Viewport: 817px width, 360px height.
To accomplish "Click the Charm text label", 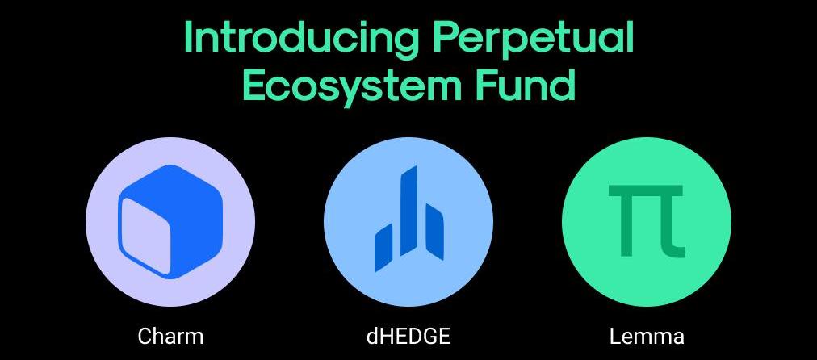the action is point(170,336).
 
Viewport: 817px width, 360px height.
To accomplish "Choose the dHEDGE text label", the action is point(408,336).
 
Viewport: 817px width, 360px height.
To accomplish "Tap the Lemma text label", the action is point(647,336).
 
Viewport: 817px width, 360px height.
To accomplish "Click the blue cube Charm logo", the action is point(170,221).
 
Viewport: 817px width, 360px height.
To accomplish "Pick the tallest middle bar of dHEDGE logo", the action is point(409,211).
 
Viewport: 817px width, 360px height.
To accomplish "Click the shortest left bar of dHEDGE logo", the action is point(383,248).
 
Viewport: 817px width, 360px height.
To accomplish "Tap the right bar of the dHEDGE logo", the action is point(435,232).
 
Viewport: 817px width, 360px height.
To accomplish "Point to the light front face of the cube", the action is point(148,236).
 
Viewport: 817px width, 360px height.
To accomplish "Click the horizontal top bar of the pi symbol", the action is point(646,190).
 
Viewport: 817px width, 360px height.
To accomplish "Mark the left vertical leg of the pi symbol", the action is point(626,227).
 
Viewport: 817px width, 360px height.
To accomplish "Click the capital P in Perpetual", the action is point(446,37).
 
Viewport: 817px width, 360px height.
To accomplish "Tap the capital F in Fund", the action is point(487,86).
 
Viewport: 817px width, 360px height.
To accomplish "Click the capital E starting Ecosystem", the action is point(253,86).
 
